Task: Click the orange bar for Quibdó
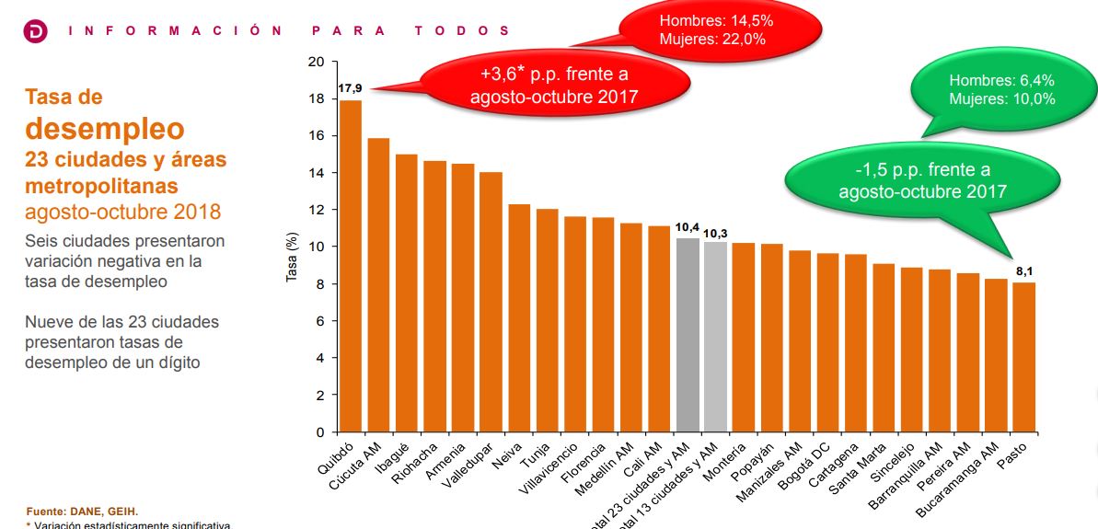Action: (351, 266)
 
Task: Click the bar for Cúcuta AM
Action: (378, 285)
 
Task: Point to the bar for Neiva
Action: (519, 317)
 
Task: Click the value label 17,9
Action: (350, 88)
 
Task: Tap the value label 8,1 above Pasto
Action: (1023, 271)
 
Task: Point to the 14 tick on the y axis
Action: (318, 173)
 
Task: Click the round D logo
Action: (34, 31)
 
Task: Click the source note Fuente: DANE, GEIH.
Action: (82, 511)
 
